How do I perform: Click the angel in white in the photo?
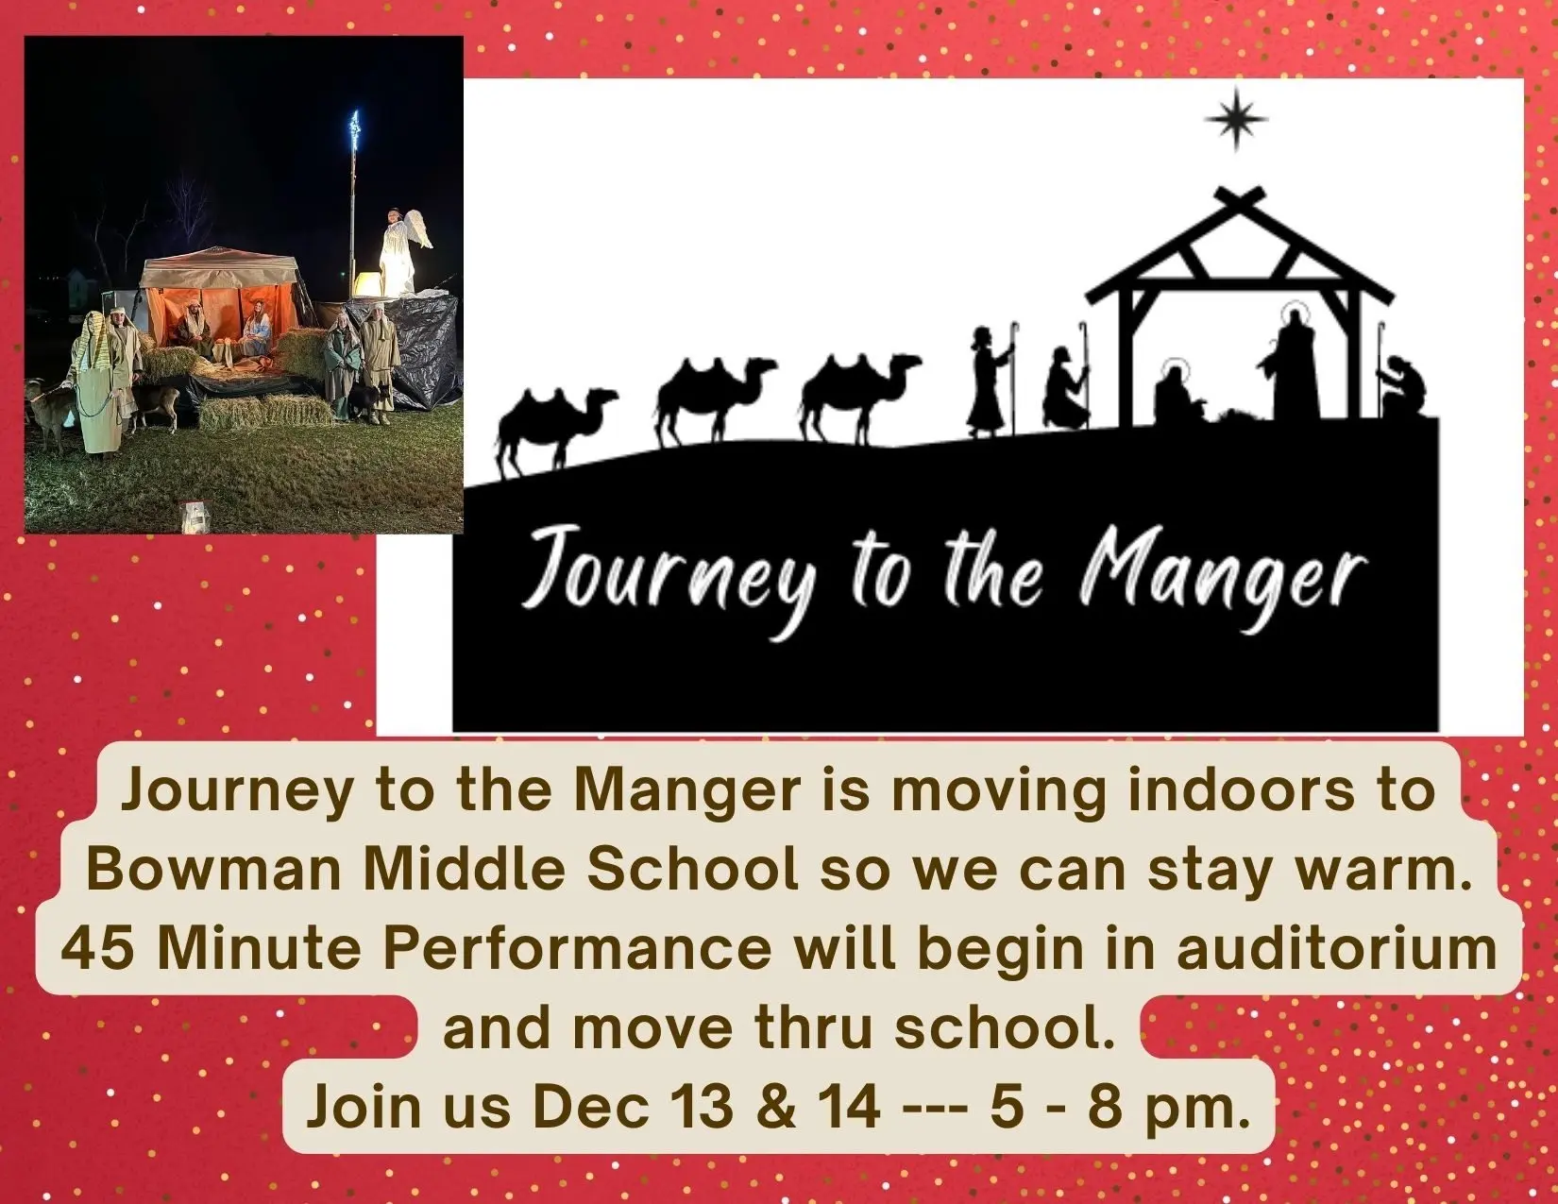401,251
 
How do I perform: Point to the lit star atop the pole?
354,129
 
